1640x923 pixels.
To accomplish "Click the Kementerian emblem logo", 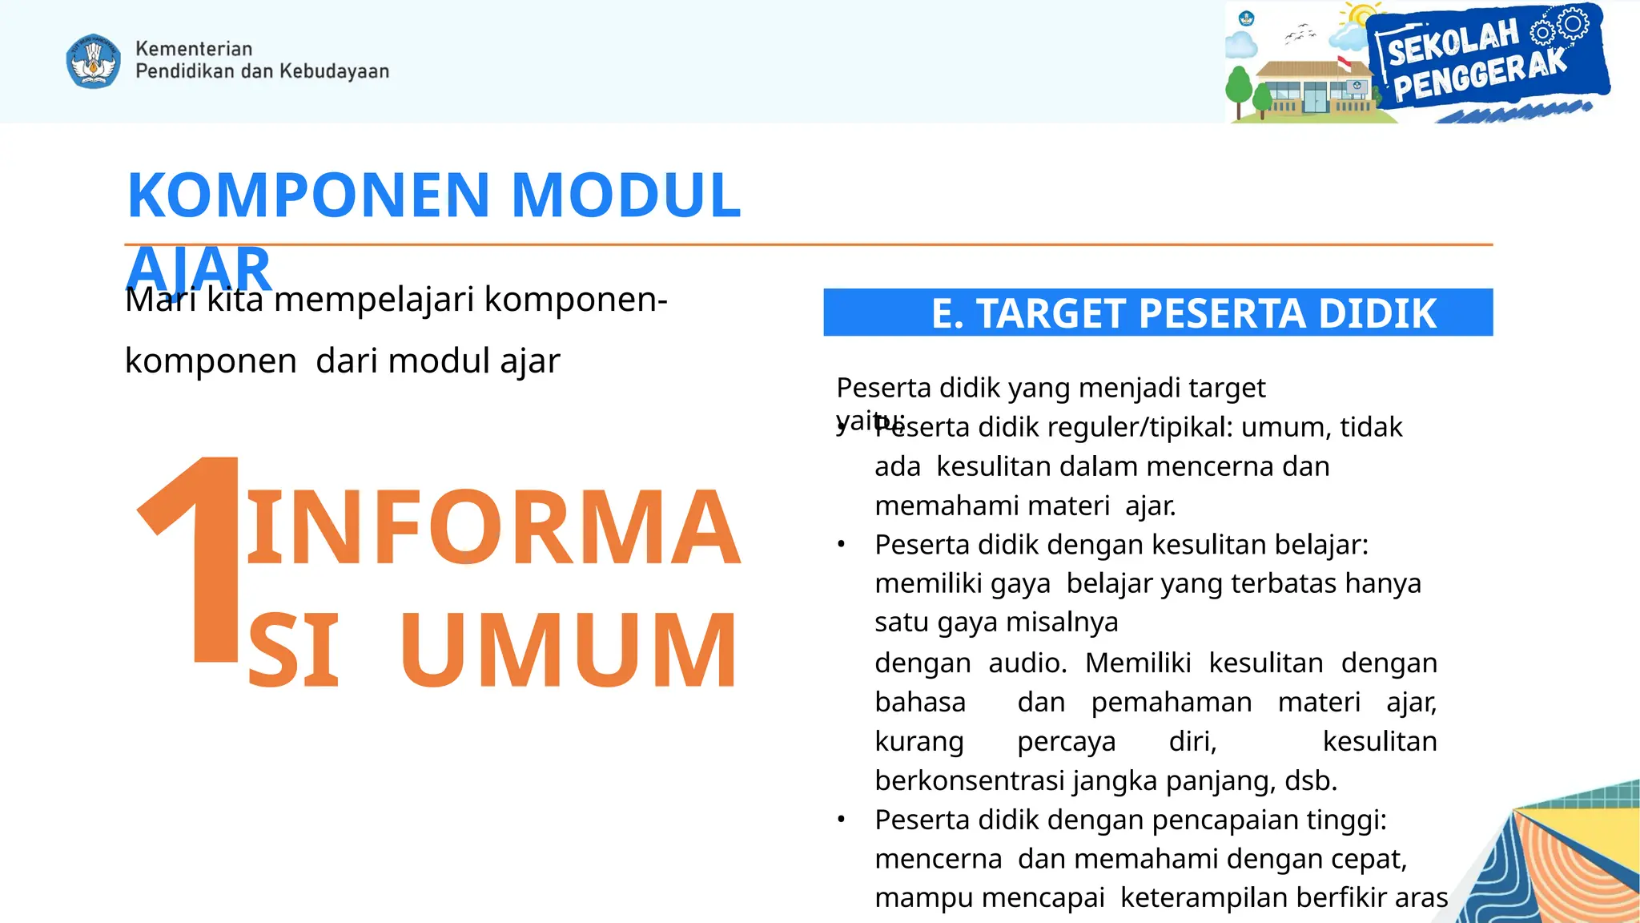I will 94,61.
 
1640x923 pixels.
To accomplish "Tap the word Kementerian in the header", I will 194,49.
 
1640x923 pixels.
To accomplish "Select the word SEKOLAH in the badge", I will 1453,42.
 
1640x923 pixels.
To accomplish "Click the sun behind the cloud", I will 1361,16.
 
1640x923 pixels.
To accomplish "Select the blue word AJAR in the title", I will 199,268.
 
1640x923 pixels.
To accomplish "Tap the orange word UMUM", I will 569,650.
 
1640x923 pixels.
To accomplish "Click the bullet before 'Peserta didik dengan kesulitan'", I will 841,546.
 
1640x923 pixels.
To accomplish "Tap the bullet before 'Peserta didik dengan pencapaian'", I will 841,820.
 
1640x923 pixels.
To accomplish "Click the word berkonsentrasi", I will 970,780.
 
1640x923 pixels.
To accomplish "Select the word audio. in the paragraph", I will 1027,663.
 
